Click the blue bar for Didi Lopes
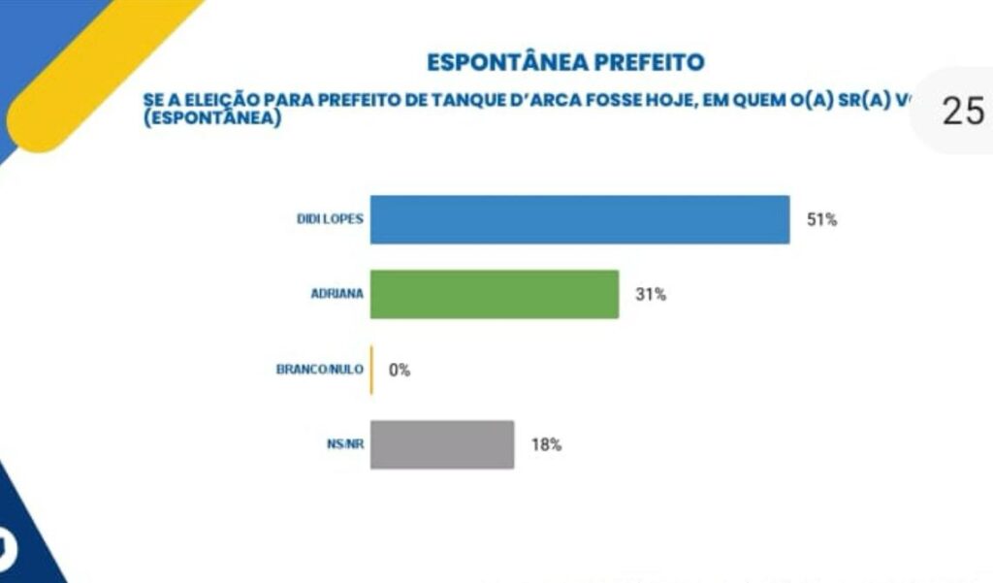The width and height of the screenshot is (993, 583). click(x=580, y=219)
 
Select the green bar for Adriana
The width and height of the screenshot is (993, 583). click(x=495, y=294)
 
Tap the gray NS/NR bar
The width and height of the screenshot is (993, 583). click(x=442, y=444)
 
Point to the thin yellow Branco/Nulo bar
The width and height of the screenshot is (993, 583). click(x=371, y=370)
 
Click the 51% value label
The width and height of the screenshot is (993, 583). click(x=821, y=219)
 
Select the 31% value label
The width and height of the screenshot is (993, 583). click(x=651, y=295)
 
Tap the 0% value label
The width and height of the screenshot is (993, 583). click(x=400, y=370)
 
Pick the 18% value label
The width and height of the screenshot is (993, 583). click(x=546, y=445)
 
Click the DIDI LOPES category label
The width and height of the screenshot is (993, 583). click(x=330, y=219)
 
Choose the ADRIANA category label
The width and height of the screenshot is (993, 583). click(x=336, y=294)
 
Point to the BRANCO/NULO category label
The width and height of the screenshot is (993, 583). click(x=320, y=370)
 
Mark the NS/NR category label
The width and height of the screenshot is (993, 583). click(x=345, y=444)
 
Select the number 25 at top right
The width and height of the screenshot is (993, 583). click(x=963, y=112)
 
